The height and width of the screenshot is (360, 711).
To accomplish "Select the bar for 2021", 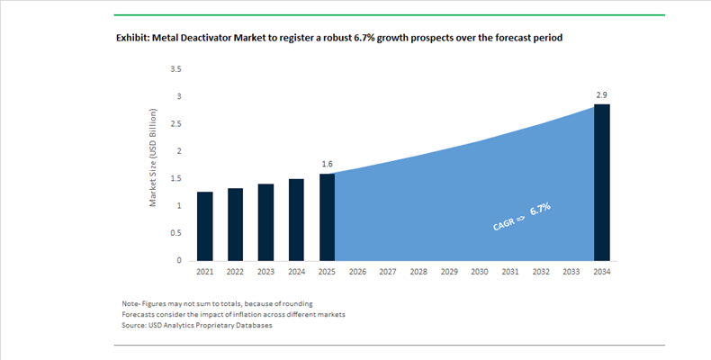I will tap(205, 226).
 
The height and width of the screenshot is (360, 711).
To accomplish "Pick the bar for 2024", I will tap(297, 220).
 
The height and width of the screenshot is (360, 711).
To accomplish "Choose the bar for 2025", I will tap(328, 217).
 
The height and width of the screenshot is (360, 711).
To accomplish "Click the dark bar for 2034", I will tap(602, 183).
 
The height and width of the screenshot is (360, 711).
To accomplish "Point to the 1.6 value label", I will tap(328, 165).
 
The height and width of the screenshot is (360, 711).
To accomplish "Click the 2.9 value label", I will tap(602, 94).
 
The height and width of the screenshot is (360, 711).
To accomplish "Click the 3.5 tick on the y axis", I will tap(175, 69).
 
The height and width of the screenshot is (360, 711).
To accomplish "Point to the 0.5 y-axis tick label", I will tap(175, 233).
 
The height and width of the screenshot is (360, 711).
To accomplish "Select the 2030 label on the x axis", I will tap(480, 273).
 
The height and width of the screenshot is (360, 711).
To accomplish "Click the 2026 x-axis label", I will tap(358, 273).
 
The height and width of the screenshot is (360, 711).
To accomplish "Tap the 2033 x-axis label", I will tap(571, 273).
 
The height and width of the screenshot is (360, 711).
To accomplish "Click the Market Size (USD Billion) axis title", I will tap(154, 158).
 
